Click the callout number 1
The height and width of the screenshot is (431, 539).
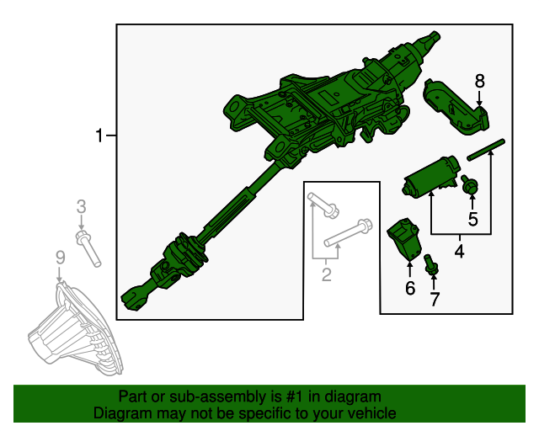pos(99,135)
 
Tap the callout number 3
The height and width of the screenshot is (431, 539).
pos(82,206)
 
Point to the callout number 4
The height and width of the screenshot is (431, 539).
pos(460,250)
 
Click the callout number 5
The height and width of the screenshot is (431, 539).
pos(472,220)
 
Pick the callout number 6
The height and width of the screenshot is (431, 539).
pos(410,287)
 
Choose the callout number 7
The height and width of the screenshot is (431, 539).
pos(435,298)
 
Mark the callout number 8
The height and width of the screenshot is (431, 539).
pos(480,81)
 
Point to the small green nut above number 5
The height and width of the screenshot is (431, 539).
pos(471,185)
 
